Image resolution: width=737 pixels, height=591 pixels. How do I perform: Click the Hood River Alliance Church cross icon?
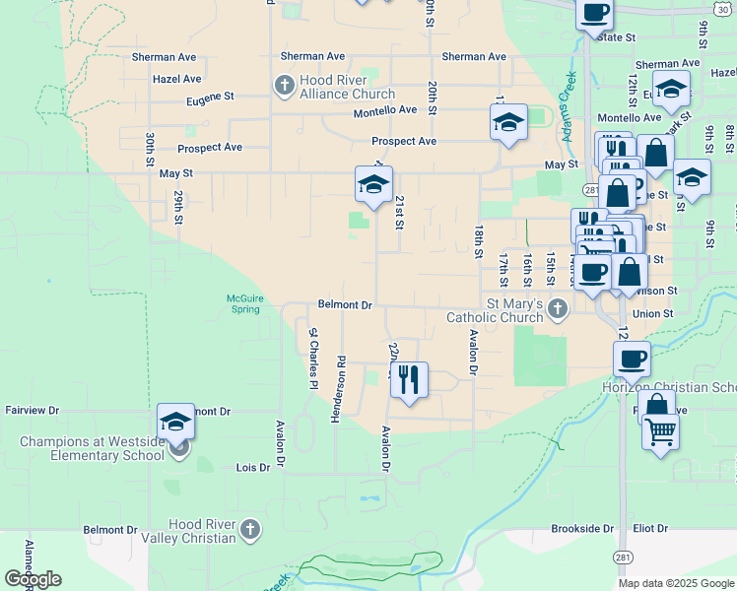pos(284,86)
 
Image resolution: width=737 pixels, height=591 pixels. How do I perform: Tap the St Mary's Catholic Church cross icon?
pos(558,309)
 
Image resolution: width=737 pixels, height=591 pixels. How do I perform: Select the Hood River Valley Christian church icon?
pos(250,530)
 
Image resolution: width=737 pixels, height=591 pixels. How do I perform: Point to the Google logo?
pos(33,579)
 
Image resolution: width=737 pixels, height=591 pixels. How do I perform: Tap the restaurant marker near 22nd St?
pos(409,379)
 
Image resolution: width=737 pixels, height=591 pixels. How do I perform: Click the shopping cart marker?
pos(660,430)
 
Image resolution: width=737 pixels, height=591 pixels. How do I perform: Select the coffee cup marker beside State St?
pos(594,14)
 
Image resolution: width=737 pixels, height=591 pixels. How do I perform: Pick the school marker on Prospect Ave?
pos(508,123)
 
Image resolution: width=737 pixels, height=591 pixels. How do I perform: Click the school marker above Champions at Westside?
pos(175,422)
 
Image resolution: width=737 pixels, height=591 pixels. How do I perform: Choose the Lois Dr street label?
pos(251,468)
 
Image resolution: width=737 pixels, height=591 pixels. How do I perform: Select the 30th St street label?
pos(149,147)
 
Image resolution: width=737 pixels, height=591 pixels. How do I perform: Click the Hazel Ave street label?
pos(177,79)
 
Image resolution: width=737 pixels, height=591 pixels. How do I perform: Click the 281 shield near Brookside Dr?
pos(622,557)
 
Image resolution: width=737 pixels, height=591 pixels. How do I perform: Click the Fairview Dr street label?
pos(33,410)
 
